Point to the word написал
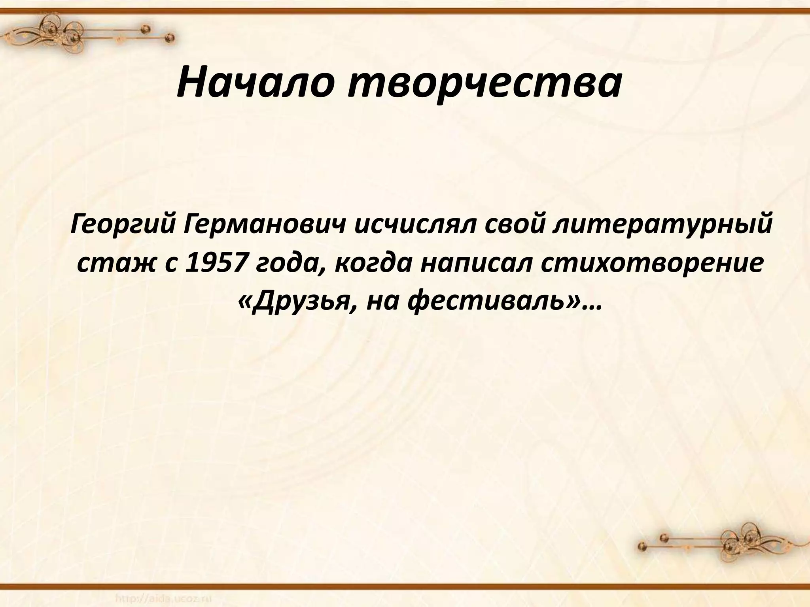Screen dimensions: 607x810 tap(475, 265)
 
